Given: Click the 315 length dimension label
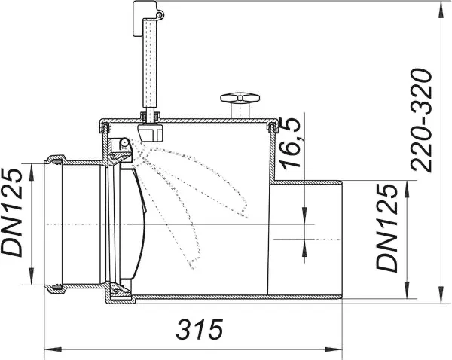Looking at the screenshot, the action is coord(200,329).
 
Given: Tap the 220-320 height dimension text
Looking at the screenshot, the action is coord(421,121).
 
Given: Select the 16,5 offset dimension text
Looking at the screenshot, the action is coord(291,143).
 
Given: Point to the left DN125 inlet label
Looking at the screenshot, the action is coord(12,212).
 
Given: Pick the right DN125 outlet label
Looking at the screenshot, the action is coord(387,228).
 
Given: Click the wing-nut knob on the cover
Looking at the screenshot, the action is coord(240,105).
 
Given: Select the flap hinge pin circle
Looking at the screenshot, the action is coord(124,142).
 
